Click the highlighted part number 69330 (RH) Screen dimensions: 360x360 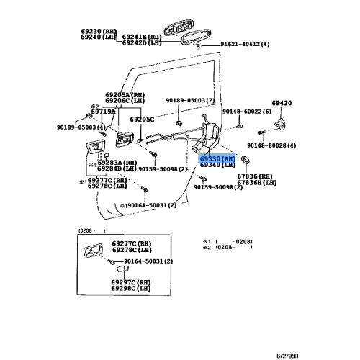pos(217,158)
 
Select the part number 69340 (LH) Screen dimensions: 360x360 pos(217,165)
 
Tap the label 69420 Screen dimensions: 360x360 pos(282,103)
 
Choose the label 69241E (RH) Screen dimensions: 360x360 pos(137,36)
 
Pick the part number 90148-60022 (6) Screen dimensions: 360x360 pos(246,112)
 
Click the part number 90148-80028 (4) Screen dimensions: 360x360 pos(266,145)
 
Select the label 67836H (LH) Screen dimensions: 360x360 pos(258,183)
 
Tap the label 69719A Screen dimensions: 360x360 pos(103,112)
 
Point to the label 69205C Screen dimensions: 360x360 pos(142,120)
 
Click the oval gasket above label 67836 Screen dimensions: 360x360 pos(246,160)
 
